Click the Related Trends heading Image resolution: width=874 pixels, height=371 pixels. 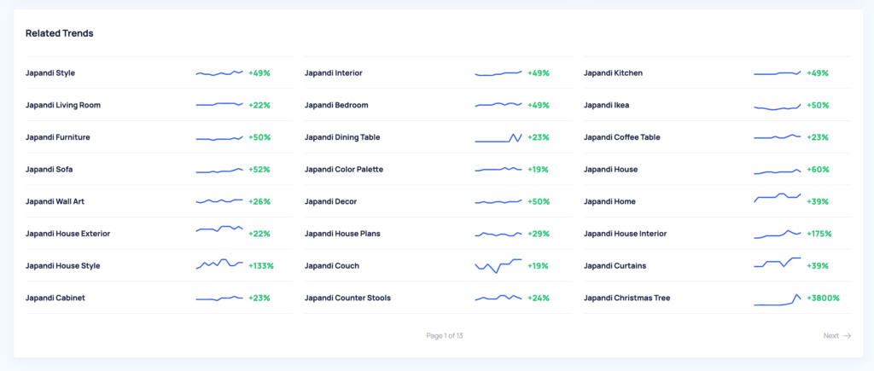click(59, 33)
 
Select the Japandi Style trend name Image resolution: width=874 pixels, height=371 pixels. click(50, 73)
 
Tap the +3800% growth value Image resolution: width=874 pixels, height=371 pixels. click(823, 299)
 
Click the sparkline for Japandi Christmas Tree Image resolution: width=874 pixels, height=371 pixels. click(777, 300)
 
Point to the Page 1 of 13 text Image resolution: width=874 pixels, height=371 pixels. click(445, 336)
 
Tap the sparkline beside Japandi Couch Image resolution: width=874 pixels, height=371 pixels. click(498, 265)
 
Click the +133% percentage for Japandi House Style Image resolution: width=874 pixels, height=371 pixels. click(261, 266)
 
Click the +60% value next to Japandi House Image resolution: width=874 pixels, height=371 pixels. click(818, 170)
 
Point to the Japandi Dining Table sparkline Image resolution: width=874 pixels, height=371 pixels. click(498, 137)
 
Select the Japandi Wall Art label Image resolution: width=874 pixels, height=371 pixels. click(55, 202)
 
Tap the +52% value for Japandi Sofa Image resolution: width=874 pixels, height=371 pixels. click(259, 170)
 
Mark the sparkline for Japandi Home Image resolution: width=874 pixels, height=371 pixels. click(777, 199)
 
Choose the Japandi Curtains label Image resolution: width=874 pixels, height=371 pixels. click(615, 266)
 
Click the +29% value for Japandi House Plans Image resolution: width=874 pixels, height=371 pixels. click(539, 234)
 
